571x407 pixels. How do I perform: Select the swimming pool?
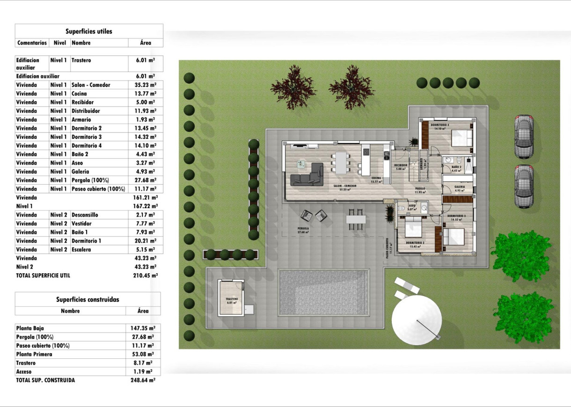[324, 291]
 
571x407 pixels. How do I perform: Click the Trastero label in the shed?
[232, 299]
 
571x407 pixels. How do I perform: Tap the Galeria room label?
[459, 187]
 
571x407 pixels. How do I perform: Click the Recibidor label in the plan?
[401, 165]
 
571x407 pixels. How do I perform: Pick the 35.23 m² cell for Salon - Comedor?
[145, 85]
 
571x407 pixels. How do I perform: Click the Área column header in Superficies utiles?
[146, 43]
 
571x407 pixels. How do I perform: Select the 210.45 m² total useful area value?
[145, 276]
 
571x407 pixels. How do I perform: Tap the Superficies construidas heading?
[88, 299]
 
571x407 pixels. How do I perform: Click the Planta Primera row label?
[34, 354]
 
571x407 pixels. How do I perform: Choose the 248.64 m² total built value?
[143, 380]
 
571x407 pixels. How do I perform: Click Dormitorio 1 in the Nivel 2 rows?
[87, 241]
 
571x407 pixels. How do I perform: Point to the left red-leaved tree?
[293, 87]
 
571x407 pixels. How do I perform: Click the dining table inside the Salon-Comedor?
[341, 161]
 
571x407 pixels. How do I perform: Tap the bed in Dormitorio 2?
[414, 228]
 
